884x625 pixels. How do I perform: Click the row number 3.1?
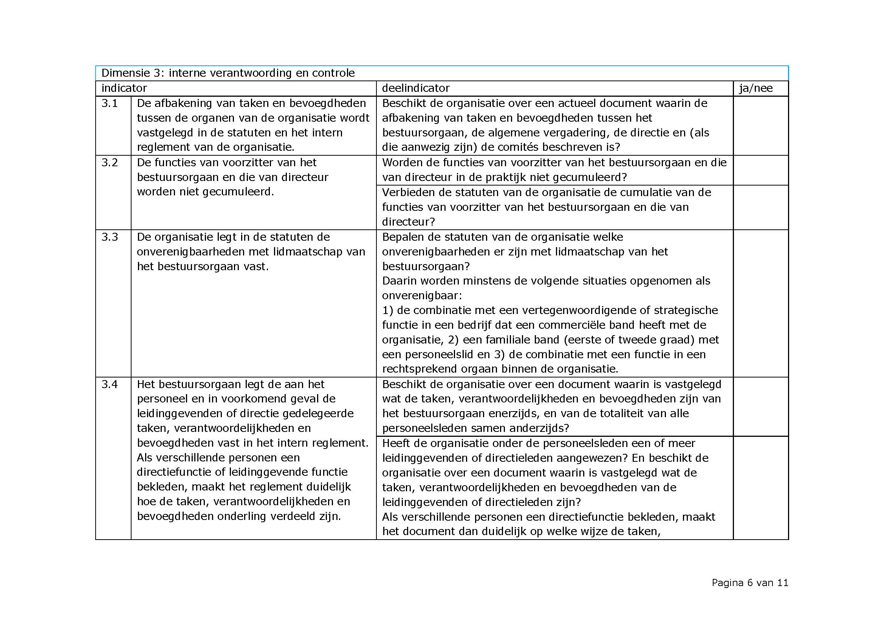109,103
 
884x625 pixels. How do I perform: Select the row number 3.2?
109,162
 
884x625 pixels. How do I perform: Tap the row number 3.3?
109,237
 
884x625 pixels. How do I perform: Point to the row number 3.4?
109,384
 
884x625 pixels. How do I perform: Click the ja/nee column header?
756,88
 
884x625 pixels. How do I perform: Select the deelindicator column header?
415,88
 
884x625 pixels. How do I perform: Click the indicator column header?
124,88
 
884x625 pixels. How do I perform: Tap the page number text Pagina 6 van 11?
749,583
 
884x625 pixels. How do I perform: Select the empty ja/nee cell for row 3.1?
760,125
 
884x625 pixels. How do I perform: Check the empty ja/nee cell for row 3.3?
760,303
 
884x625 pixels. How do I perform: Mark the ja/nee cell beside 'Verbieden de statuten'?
760,207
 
